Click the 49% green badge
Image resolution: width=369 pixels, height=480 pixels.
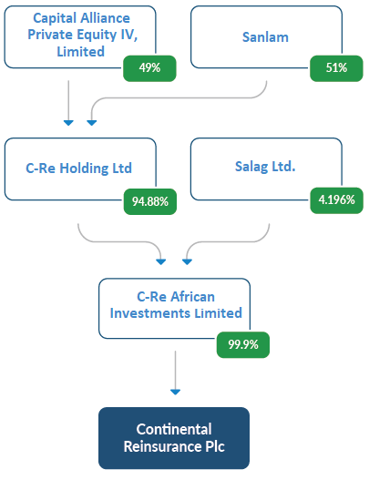pos(149,68)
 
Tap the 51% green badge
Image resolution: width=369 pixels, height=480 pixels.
pos(336,68)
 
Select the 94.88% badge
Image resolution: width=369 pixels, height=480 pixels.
pos(150,201)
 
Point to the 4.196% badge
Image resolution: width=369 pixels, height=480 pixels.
pos(336,200)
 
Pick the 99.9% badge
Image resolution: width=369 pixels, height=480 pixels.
pos(243,344)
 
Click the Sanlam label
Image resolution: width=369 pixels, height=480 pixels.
pos(265,37)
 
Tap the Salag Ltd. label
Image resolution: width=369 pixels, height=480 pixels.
pos(265,167)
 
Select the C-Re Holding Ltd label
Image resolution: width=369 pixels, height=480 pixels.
pos(78,169)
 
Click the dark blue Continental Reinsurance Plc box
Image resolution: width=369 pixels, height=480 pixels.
pos(174,438)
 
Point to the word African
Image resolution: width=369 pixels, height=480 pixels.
pos(192,297)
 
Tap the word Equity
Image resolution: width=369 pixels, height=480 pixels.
pos(97,36)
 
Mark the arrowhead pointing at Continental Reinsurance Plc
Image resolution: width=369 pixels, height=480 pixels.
pos(175,392)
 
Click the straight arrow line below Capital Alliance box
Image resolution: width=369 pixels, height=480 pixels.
pos(68,100)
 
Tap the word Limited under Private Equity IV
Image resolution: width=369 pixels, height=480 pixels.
pos(81,51)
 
